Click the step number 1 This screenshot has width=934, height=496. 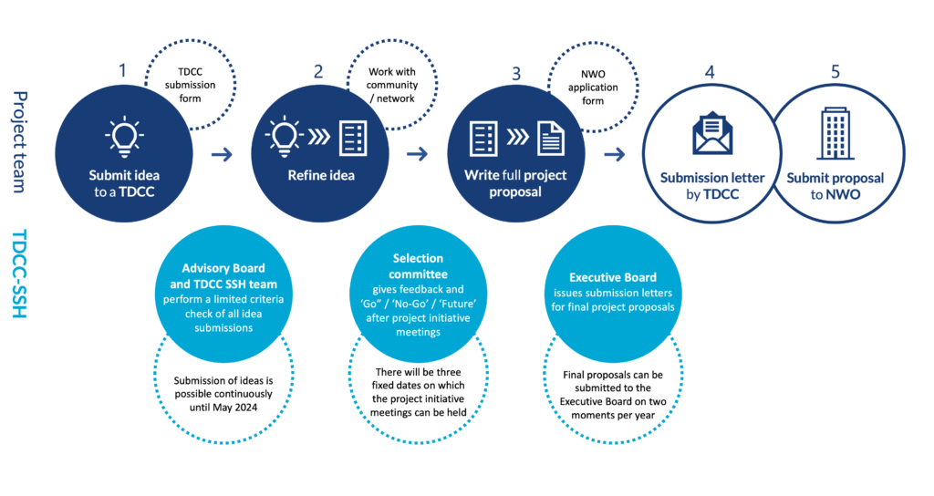click(x=123, y=71)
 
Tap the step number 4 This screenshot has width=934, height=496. click(x=710, y=73)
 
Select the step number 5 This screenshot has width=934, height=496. click(x=835, y=72)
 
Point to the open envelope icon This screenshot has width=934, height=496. click(x=712, y=133)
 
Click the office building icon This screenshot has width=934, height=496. click(x=835, y=134)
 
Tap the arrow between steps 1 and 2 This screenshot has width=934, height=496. click(x=222, y=155)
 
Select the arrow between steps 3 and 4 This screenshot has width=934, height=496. click(x=615, y=155)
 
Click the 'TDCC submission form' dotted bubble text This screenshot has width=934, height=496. click(x=190, y=85)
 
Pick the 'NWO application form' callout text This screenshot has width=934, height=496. click(x=593, y=88)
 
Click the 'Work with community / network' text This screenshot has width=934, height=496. click(x=392, y=85)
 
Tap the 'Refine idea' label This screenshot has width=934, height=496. click(x=321, y=176)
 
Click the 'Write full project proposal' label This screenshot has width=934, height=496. click(x=515, y=183)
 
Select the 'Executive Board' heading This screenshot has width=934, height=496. click(x=612, y=277)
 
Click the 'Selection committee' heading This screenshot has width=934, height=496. click(x=418, y=266)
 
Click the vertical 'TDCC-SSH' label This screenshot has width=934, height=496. click(x=20, y=274)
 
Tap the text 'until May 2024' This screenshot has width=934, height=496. click(x=223, y=408)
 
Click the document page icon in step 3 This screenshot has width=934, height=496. click(x=551, y=139)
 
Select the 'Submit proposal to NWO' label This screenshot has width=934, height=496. click(x=835, y=186)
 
